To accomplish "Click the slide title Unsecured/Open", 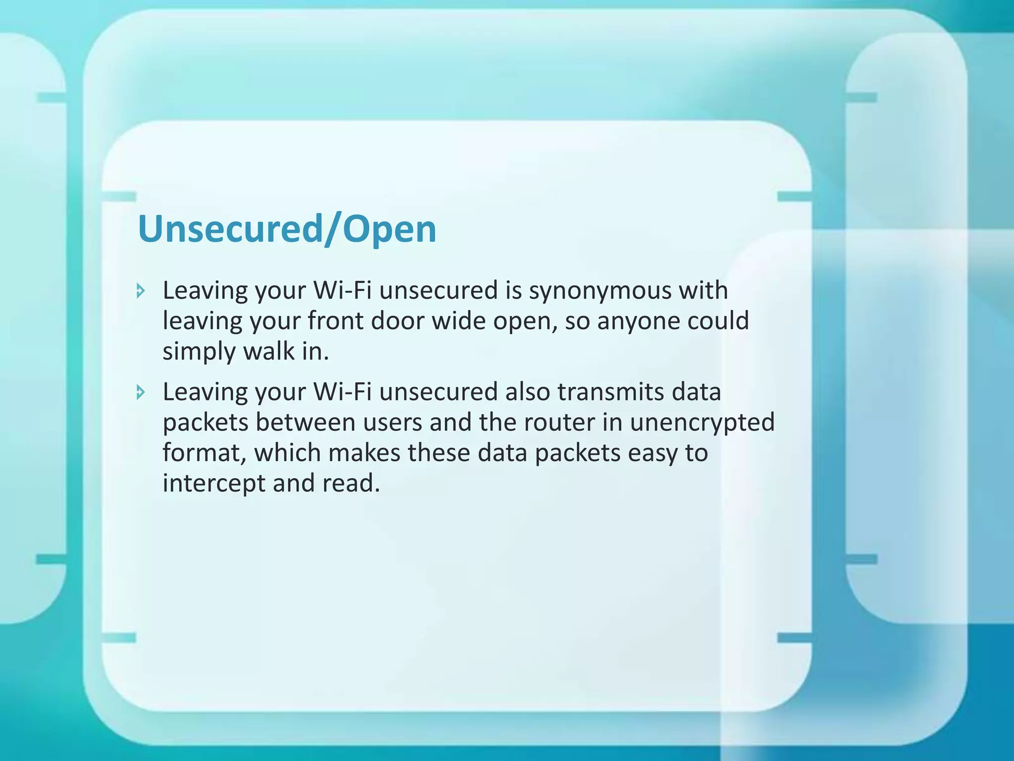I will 287,229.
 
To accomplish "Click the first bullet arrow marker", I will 141,291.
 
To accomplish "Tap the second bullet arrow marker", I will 141,393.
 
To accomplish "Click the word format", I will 204,453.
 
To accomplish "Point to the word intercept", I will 214,484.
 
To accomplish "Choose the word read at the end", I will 351,483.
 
